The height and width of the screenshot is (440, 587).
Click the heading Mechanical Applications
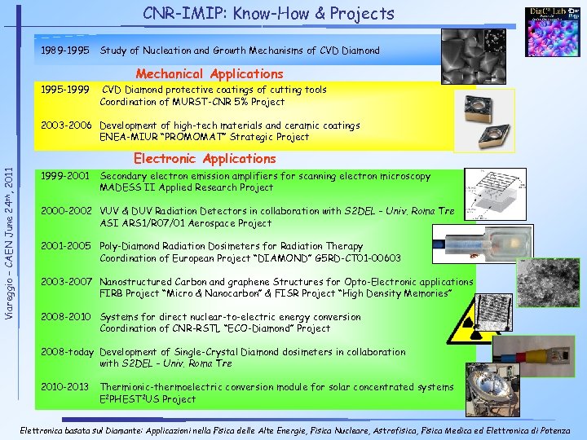pyautogui.click(x=210, y=74)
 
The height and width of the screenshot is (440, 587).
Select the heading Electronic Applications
pyautogui.click(x=205, y=158)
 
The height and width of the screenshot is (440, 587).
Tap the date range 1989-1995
pyautogui.click(x=65, y=51)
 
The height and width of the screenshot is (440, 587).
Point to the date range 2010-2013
pyautogui.click(x=65, y=387)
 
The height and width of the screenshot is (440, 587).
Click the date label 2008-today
pyautogui.click(x=68, y=352)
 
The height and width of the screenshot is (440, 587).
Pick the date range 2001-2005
pyautogui.click(x=65, y=246)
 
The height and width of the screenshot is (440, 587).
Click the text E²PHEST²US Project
pyautogui.click(x=148, y=399)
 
